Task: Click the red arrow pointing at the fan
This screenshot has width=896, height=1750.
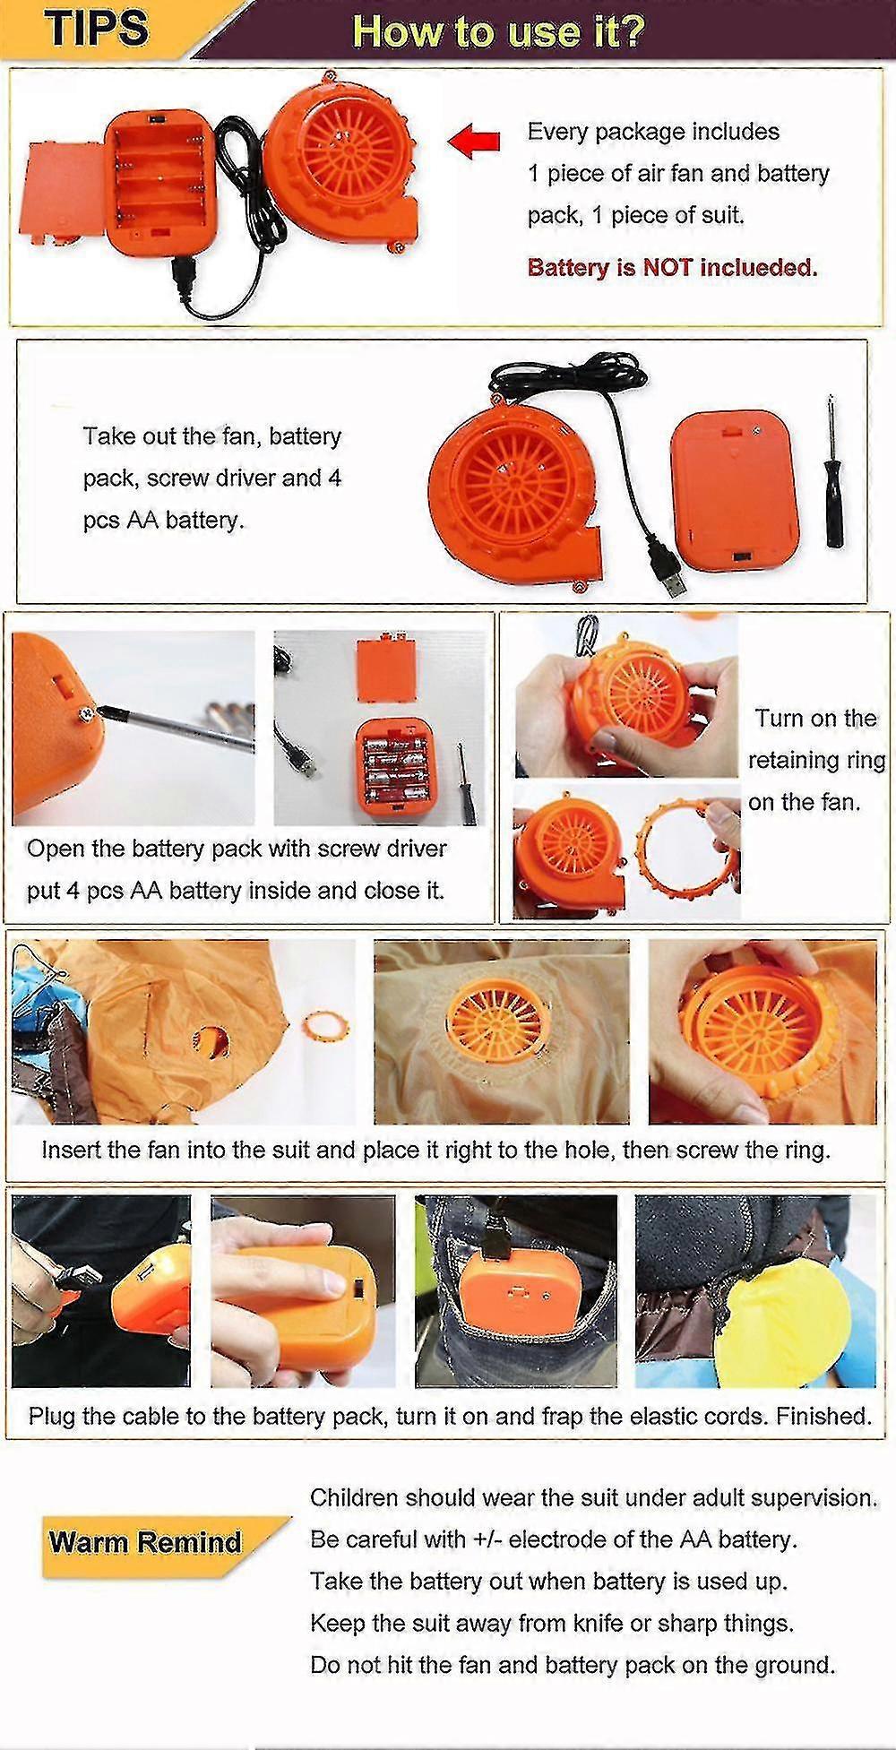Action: click(x=474, y=140)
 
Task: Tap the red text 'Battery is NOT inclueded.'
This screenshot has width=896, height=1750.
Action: click(x=672, y=267)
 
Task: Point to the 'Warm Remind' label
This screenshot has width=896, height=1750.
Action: click(x=145, y=1542)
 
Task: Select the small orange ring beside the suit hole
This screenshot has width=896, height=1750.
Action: click(x=327, y=1025)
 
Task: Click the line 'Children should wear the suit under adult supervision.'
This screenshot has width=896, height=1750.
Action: click(x=593, y=1497)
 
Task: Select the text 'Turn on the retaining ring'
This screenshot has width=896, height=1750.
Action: click(x=815, y=739)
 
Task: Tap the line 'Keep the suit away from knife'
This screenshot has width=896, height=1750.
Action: click(x=551, y=1623)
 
